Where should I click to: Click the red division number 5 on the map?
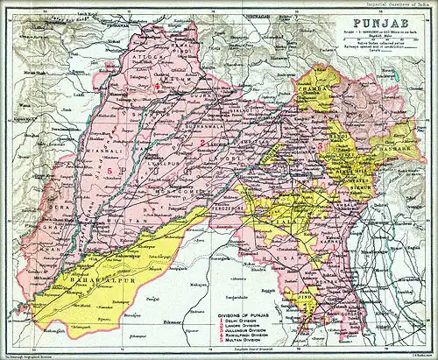click(110, 166)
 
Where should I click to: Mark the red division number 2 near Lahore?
click(202, 143)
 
